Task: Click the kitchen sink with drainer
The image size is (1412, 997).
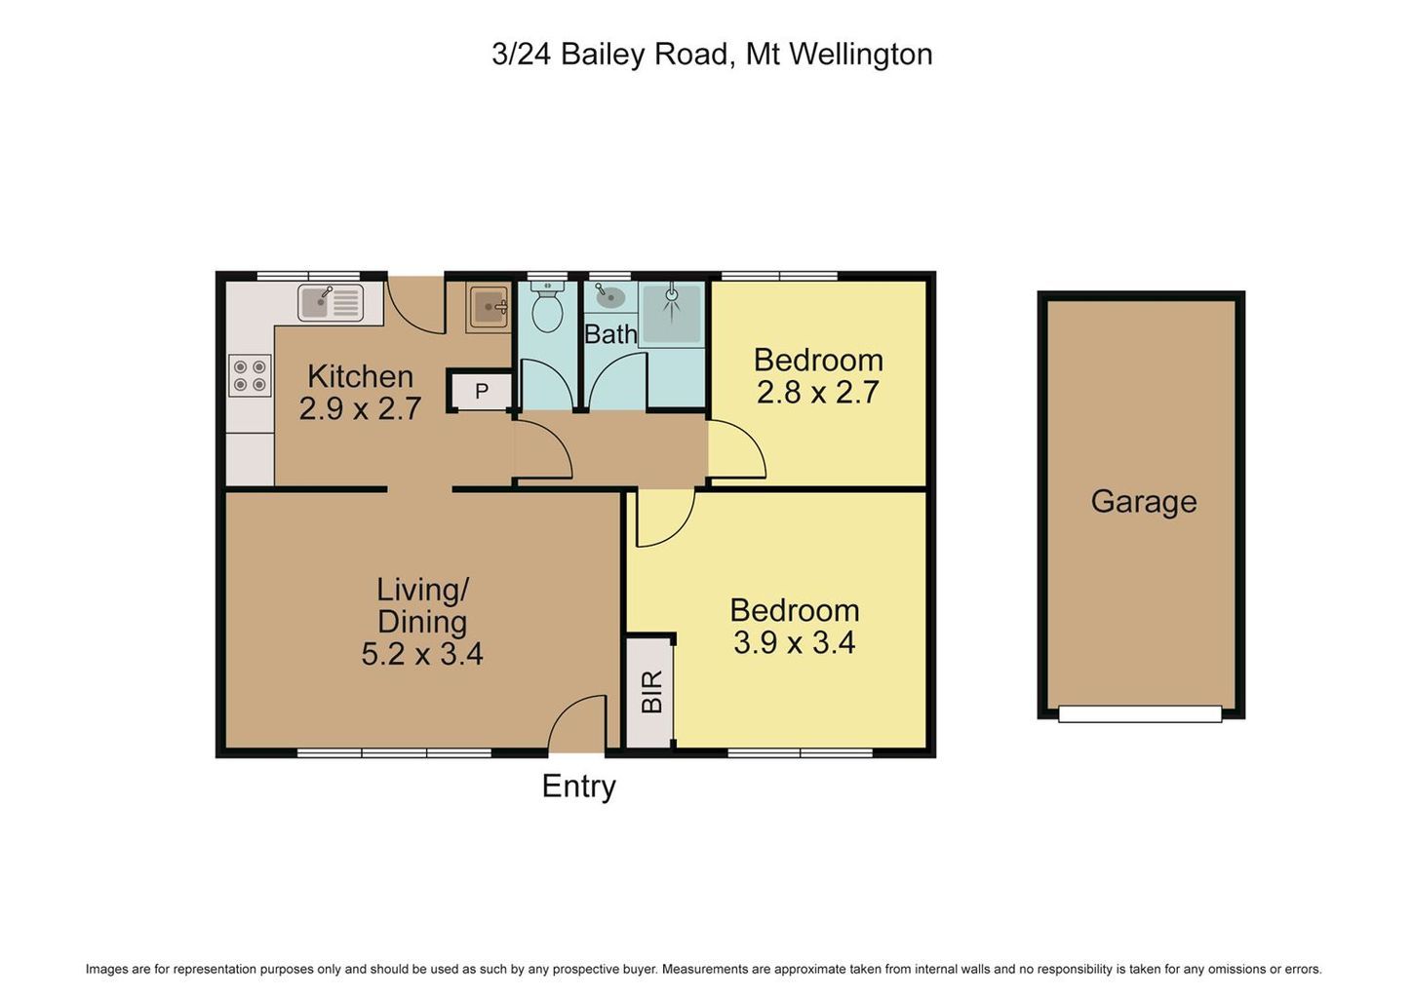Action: tap(331, 302)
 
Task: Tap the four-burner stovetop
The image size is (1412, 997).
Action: tap(250, 375)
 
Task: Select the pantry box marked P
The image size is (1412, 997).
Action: tap(481, 391)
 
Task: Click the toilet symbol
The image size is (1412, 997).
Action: tap(546, 308)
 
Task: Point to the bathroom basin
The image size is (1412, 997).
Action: tap(609, 297)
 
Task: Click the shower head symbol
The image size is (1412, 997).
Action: tap(672, 293)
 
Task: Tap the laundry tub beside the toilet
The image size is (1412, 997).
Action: tap(488, 307)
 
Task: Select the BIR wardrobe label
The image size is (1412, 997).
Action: tap(651, 692)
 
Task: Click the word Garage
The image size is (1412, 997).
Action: tap(1144, 503)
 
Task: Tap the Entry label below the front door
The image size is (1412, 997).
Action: tap(578, 786)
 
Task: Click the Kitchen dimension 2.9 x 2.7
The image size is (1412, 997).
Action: tap(360, 408)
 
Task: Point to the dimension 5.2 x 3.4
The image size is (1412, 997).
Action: tap(421, 653)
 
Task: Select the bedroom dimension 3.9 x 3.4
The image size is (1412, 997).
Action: tap(794, 643)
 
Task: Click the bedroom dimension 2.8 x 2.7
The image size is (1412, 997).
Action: tap(817, 393)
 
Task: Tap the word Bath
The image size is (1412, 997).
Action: tap(610, 334)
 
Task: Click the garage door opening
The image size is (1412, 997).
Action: tap(1140, 713)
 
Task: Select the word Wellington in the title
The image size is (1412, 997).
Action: tap(861, 56)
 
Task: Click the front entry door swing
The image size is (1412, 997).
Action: tap(577, 723)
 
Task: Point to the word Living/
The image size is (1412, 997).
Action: tap(422, 591)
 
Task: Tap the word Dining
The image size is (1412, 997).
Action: tap(422, 622)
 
